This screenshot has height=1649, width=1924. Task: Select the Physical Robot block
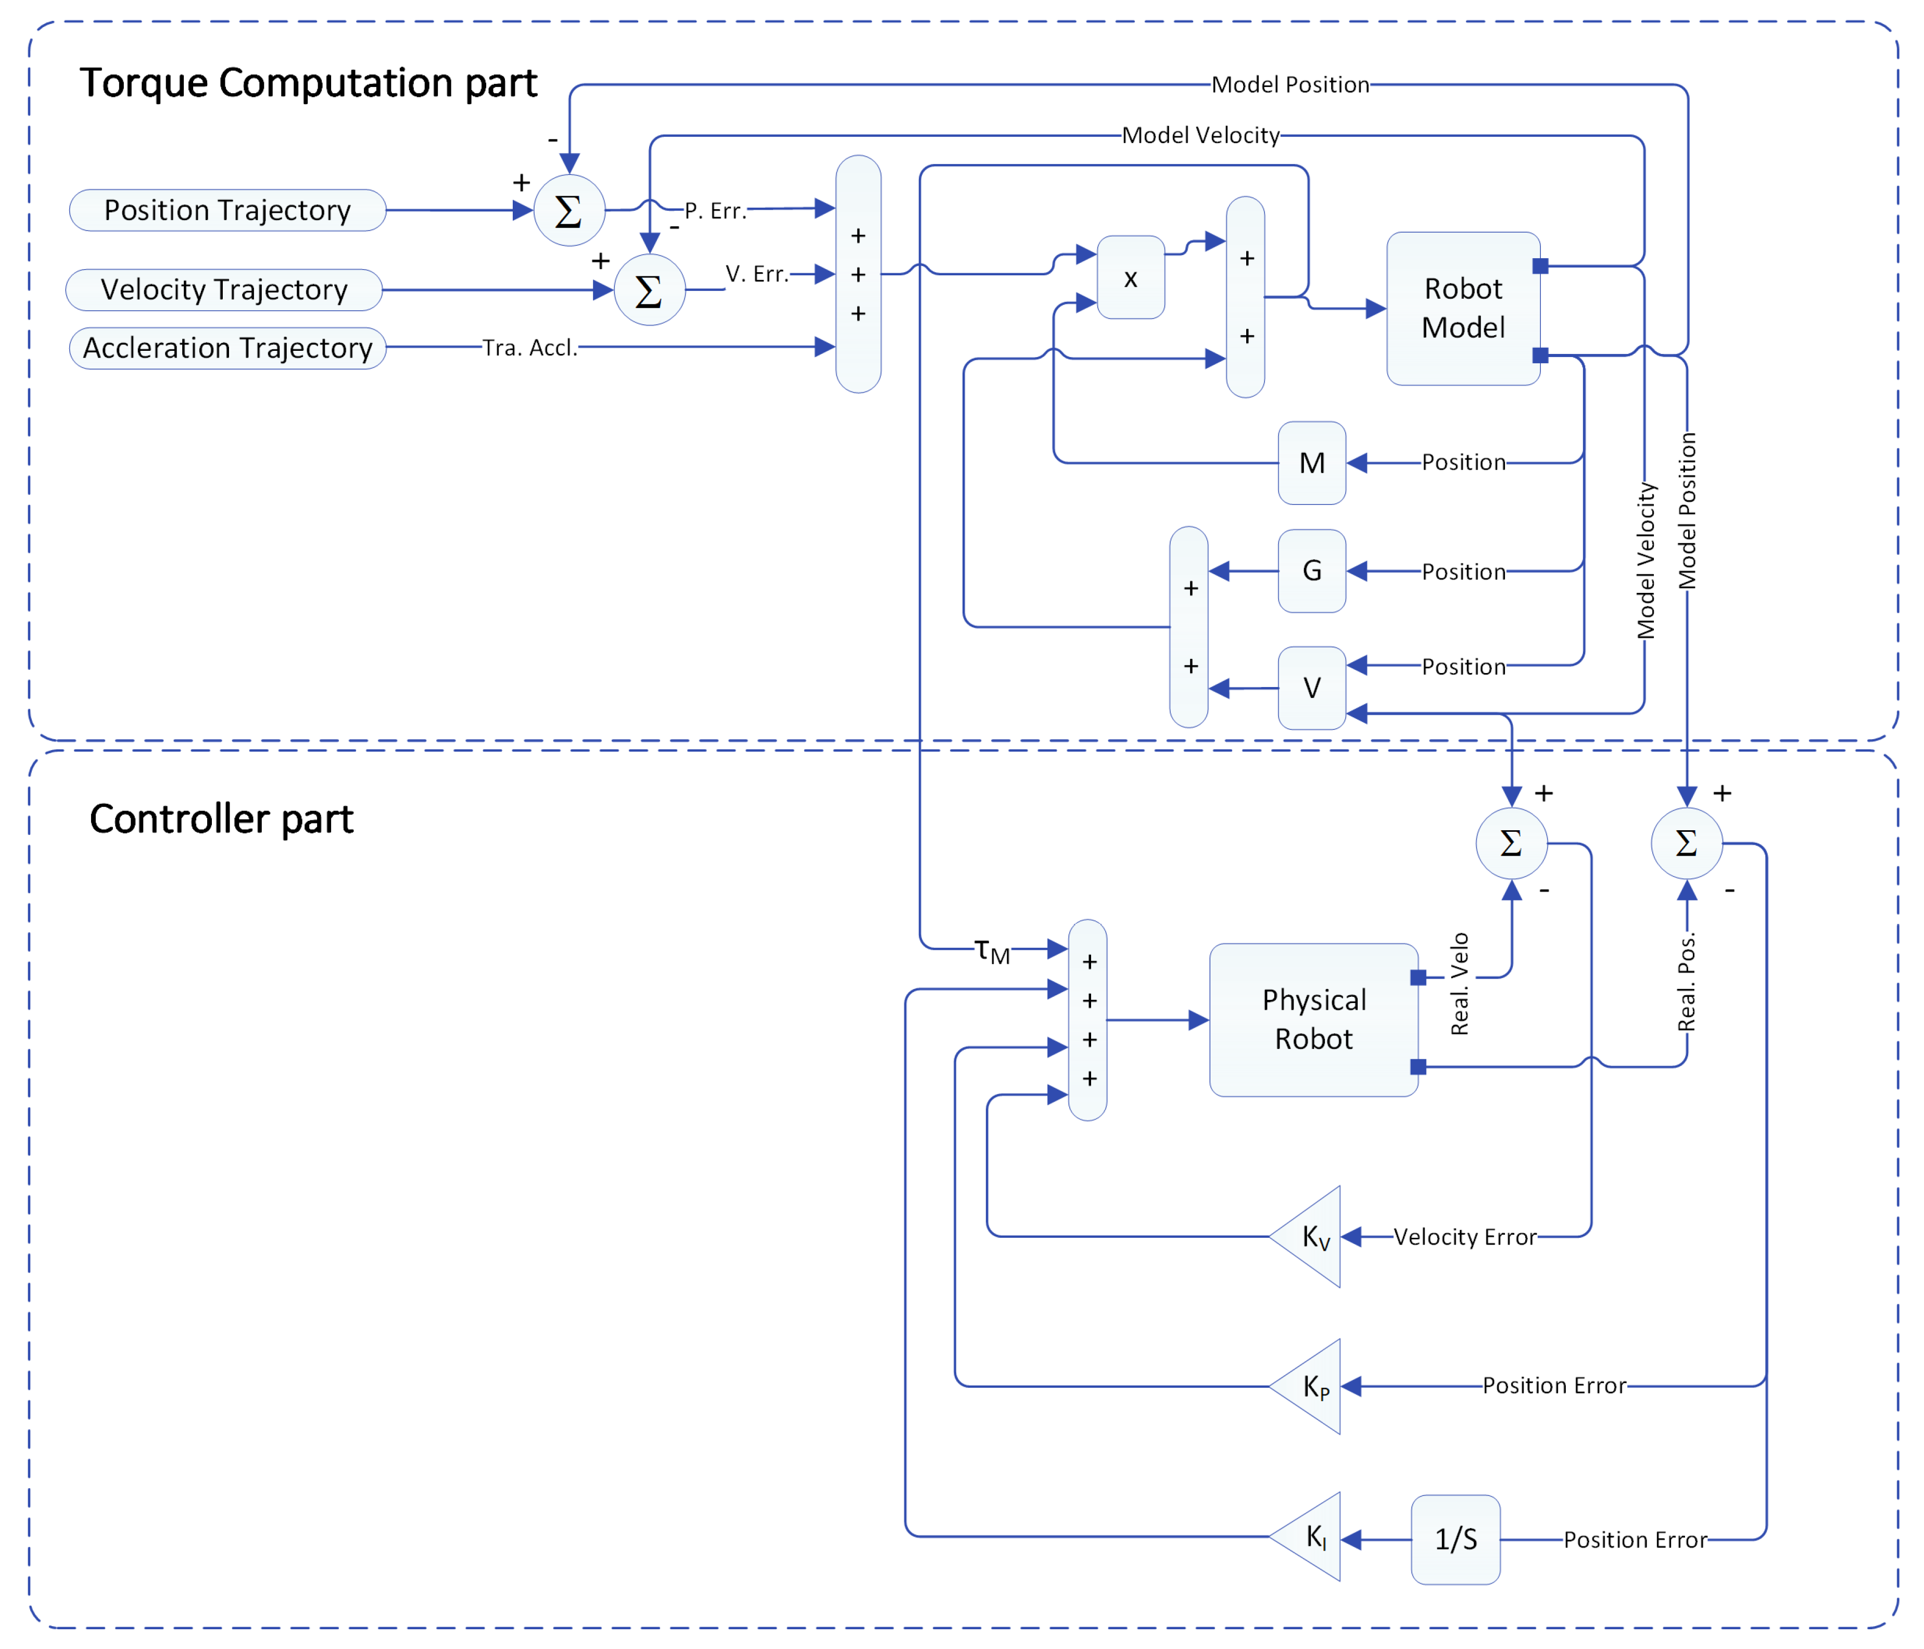tap(1313, 1020)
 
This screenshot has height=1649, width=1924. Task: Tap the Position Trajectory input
tap(227, 210)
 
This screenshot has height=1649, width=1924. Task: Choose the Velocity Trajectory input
tap(224, 290)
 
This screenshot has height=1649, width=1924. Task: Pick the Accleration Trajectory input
tap(227, 348)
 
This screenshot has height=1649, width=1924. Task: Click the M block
tap(1311, 462)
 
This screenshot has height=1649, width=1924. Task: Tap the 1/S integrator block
tap(1455, 1540)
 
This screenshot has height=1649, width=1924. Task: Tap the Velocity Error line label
tap(1464, 1237)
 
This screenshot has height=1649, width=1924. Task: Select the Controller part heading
tap(221, 819)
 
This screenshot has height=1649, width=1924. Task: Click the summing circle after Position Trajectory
tap(569, 211)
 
